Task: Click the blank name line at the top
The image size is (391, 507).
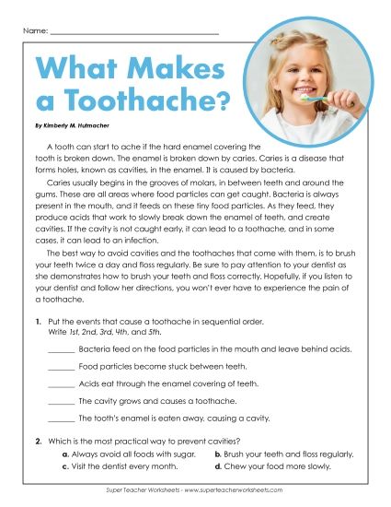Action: pos(133,33)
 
